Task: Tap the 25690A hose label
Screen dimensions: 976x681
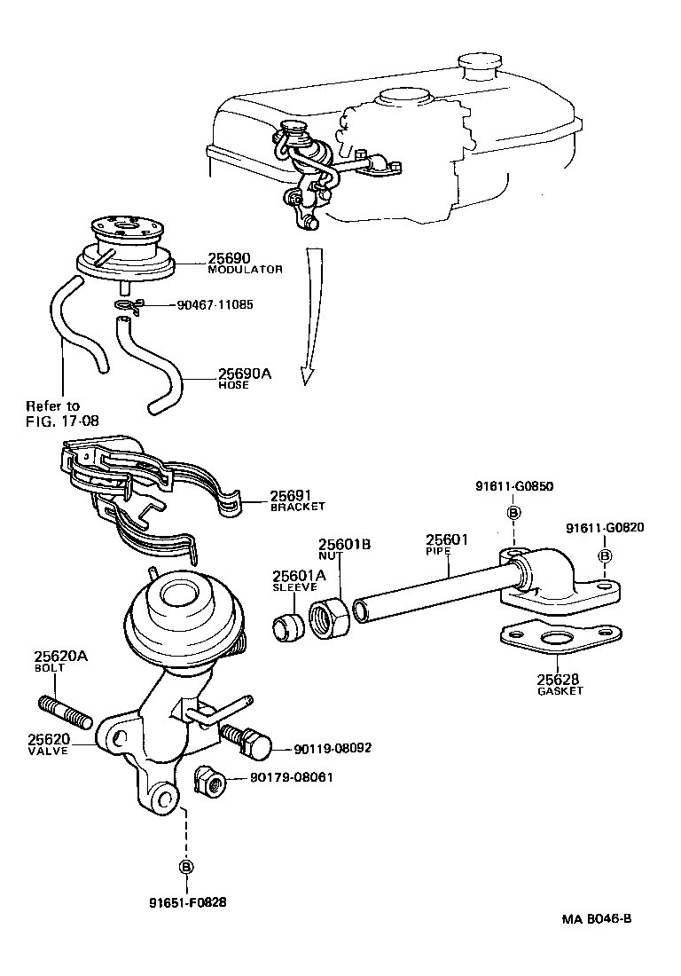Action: (x=245, y=374)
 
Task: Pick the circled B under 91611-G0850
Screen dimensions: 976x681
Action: (x=513, y=513)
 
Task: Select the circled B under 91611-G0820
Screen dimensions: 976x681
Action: (x=605, y=555)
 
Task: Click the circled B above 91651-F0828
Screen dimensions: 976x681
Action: (x=186, y=867)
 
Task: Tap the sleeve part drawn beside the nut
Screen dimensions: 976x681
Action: (x=288, y=626)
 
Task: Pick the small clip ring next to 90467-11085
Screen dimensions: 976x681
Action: (x=127, y=306)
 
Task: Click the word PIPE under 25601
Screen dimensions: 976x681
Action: (x=437, y=551)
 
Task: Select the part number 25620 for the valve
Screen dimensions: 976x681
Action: (x=45, y=738)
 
